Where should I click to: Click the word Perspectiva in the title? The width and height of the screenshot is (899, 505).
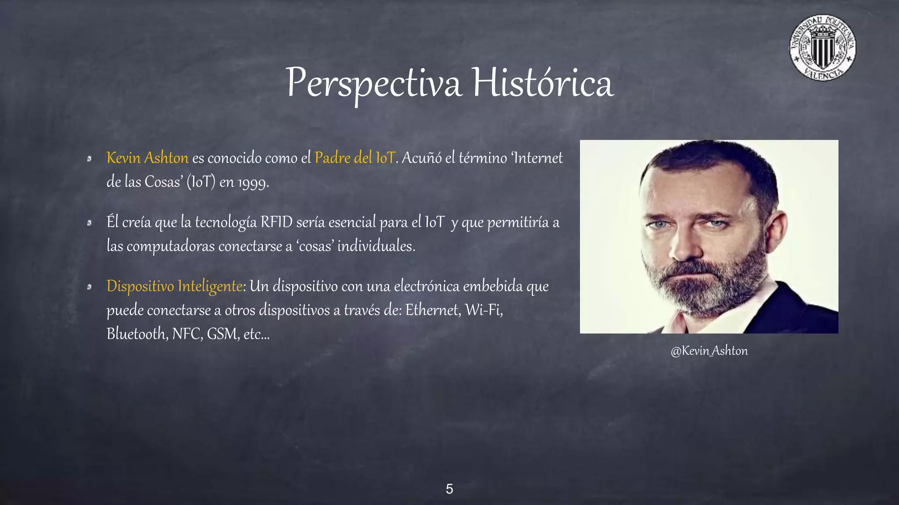pos(374,83)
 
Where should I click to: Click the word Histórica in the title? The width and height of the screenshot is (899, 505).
pos(543,83)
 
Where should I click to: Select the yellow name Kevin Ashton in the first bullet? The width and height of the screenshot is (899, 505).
pos(147,158)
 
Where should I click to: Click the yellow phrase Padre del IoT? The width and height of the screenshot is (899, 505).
pos(355,158)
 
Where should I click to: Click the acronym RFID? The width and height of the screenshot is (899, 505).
pos(276,222)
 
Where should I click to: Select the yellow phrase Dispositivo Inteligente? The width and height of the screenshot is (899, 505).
pos(174,286)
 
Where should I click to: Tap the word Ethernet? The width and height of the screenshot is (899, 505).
pos(432,310)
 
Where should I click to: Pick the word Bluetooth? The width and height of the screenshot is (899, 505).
pos(137,334)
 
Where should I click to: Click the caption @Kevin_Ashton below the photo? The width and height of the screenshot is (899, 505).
pos(709,351)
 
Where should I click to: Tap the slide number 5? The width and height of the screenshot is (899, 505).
pos(449,489)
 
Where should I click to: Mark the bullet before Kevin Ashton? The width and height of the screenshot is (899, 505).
pos(89,159)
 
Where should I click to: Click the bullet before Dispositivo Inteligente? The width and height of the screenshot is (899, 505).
pos(89,287)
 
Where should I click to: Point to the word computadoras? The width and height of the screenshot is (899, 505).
pos(170,246)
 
